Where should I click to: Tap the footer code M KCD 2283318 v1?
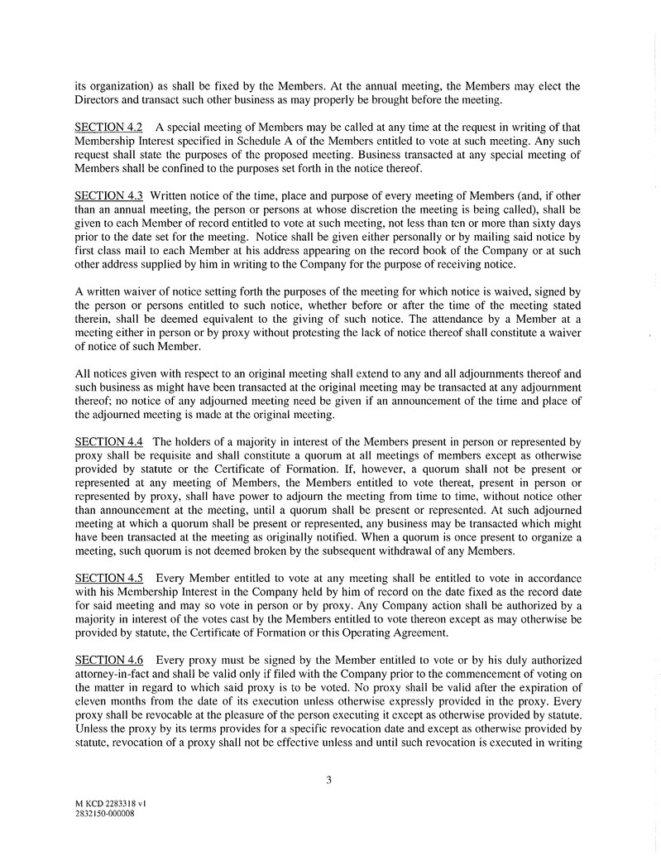click(111, 803)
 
